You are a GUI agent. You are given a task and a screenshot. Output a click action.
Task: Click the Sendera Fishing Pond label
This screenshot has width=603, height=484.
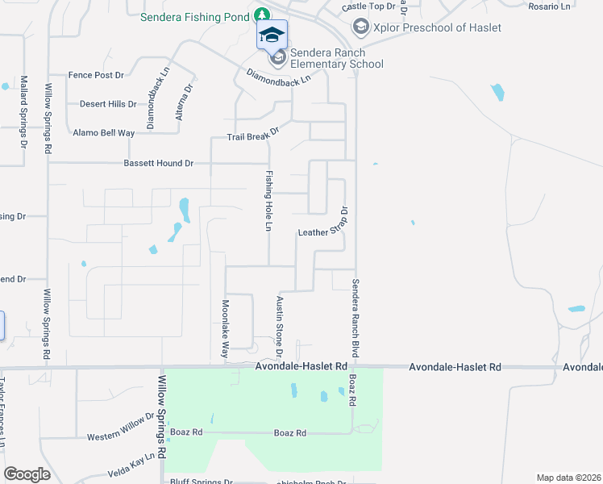pyautogui.click(x=196, y=16)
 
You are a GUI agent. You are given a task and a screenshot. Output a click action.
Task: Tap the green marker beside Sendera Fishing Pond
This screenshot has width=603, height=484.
pyautogui.click(x=262, y=15)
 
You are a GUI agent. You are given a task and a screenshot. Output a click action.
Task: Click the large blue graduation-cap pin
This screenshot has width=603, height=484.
pyautogui.click(x=272, y=35)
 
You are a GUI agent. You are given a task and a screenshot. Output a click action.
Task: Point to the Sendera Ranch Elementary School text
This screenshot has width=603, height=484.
pyautogui.click(x=336, y=58)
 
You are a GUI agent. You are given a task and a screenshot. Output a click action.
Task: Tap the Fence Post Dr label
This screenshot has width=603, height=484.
pyautogui.click(x=96, y=75)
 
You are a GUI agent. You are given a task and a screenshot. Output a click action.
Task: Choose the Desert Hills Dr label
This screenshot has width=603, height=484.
pyautogui.click(x=108, y=104)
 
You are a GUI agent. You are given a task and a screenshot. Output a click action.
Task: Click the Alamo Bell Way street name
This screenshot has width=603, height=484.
pyautogui.click(x=104, y=133)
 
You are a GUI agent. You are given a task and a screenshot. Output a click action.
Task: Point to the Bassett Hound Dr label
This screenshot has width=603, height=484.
pyautogui.click(x=158, y=163)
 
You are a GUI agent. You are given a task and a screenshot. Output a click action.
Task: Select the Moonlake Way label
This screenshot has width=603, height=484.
pyautogui.click(x=226, y=329)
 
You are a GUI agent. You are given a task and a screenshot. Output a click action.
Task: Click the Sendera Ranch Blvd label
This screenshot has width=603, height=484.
pyautogui.click(x=354, y=319)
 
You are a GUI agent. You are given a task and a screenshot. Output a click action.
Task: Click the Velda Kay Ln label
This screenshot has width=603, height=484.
pyautogui.click(x=131, y=467)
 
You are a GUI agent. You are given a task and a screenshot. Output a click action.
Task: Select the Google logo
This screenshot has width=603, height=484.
pyautogui.click(x=27, y=474)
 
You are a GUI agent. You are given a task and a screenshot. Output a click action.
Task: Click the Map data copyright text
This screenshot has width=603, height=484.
pyautogui.click(x=569, y=478)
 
